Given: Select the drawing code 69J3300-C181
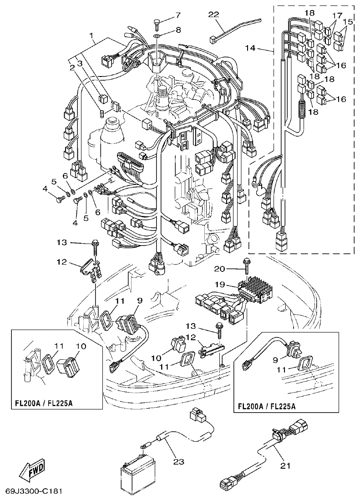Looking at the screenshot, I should [34, 492].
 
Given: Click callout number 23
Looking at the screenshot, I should [178, 462].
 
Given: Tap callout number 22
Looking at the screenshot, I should [213, 15].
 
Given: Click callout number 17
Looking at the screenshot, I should [337, 15].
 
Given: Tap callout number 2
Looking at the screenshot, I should [71, 67].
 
